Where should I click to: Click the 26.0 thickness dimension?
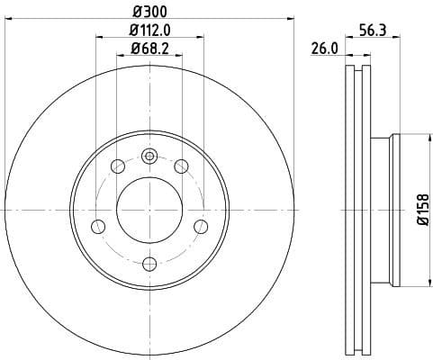point(323,50)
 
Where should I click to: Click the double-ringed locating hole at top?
point(150,157)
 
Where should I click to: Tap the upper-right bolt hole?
point(182,166)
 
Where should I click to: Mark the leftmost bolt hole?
point(99,225)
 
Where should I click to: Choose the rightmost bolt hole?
point(202,225)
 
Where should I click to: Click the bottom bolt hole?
point(150,263)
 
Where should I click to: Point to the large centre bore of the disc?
point(150,210)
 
